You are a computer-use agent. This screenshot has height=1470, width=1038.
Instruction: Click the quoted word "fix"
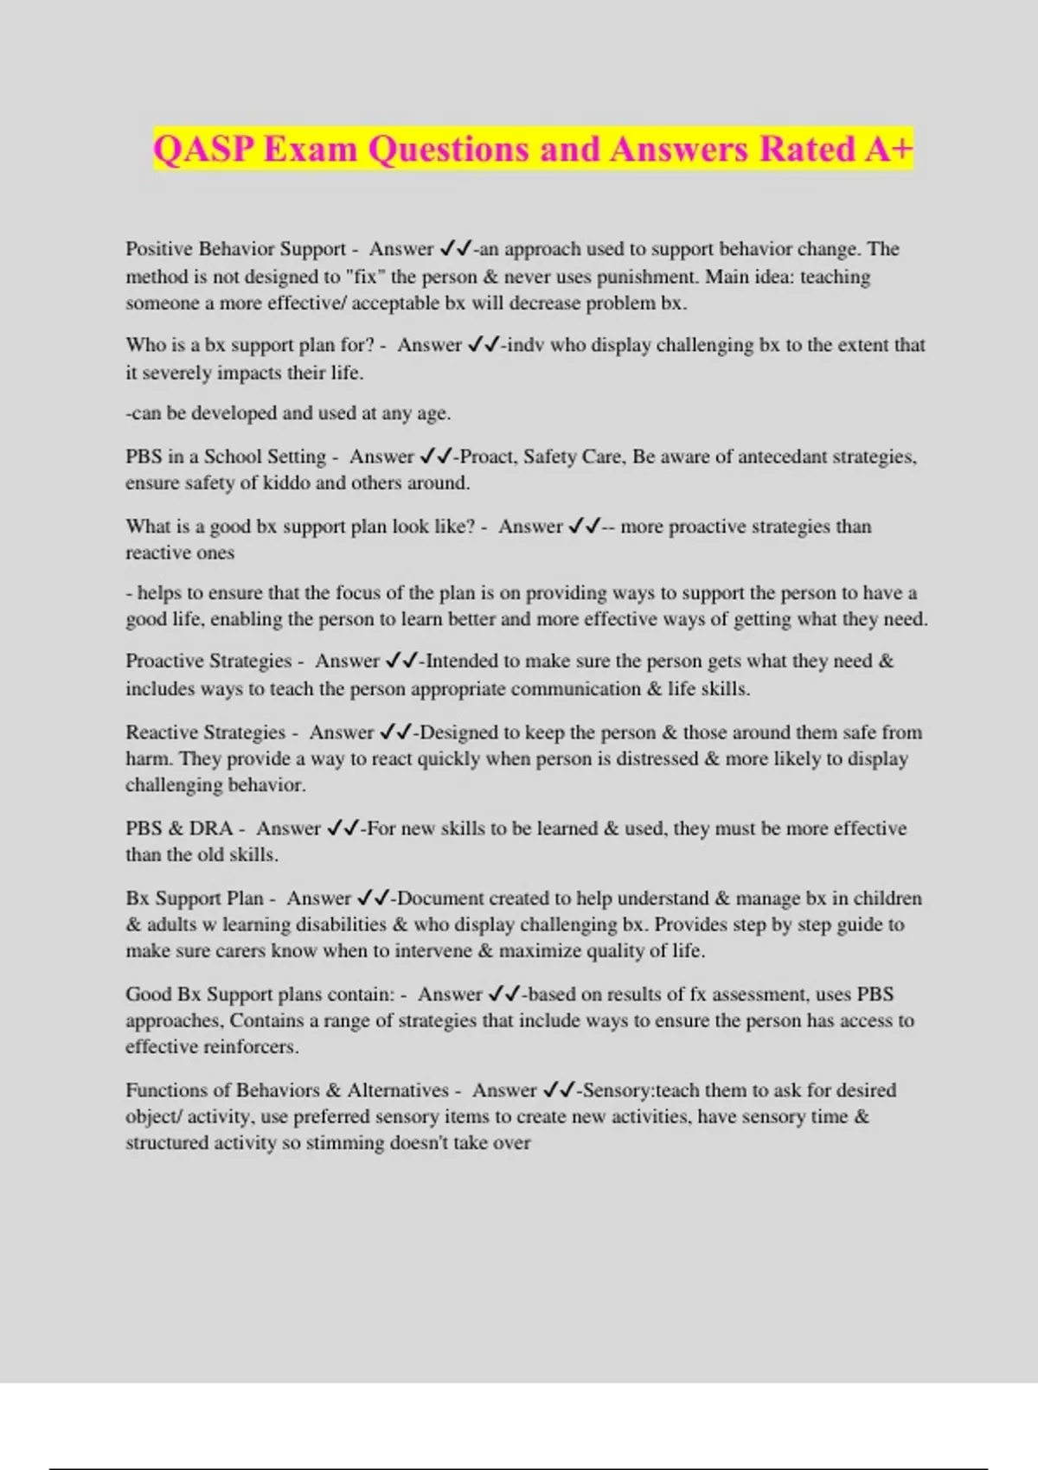[x=364, y=277]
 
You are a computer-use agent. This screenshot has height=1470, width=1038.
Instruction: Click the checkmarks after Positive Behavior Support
[x=455, y=249]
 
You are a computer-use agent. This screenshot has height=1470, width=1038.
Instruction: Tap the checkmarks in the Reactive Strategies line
[x=395, y=732]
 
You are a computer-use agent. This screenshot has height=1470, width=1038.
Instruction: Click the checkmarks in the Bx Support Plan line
[x=373, y=898]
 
